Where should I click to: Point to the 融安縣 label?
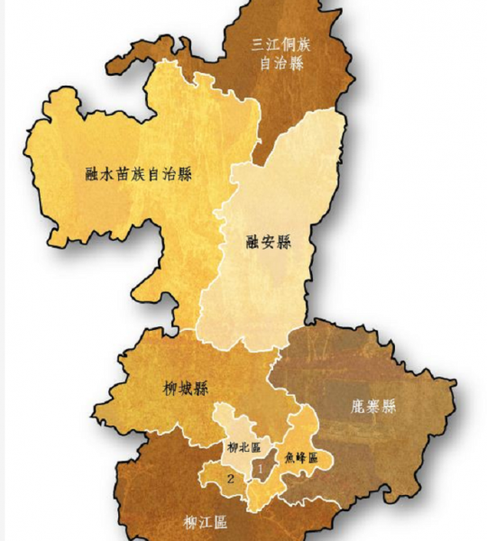(269, 242)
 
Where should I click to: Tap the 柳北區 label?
(243, 446)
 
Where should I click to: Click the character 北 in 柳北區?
(243, 446)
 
